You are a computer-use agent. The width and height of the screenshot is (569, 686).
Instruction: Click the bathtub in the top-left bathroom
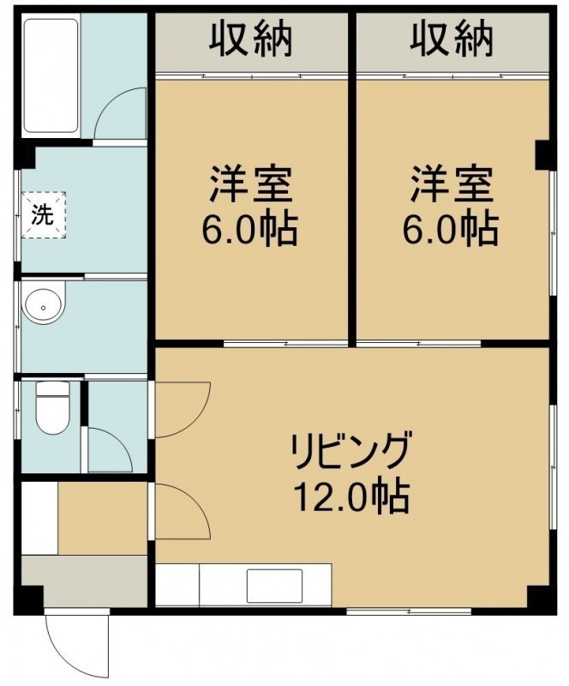(x=51, y=75)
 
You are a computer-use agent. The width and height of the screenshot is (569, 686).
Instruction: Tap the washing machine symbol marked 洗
(x=44, y=214)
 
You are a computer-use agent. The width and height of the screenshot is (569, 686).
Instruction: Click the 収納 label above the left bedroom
(x=250, y=39)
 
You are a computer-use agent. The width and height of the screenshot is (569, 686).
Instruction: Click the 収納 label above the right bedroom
(x=452, y=39)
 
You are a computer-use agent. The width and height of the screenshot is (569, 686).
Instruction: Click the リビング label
(x=351, y=451)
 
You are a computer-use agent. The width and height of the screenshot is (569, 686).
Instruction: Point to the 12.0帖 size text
(x=351, y=496)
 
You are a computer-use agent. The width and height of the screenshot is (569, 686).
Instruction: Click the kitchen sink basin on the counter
(x=275, y=586)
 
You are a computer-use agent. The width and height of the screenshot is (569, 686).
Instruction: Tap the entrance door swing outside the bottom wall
(x=75, y=643)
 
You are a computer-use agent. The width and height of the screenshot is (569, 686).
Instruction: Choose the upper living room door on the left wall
(x=183, y=409)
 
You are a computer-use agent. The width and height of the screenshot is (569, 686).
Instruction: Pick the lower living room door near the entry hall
(x=183, y=511)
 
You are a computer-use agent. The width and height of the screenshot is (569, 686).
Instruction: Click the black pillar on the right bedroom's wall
(x=545, y=154)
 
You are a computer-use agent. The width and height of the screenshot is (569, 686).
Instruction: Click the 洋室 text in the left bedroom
(x=250, y=184)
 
